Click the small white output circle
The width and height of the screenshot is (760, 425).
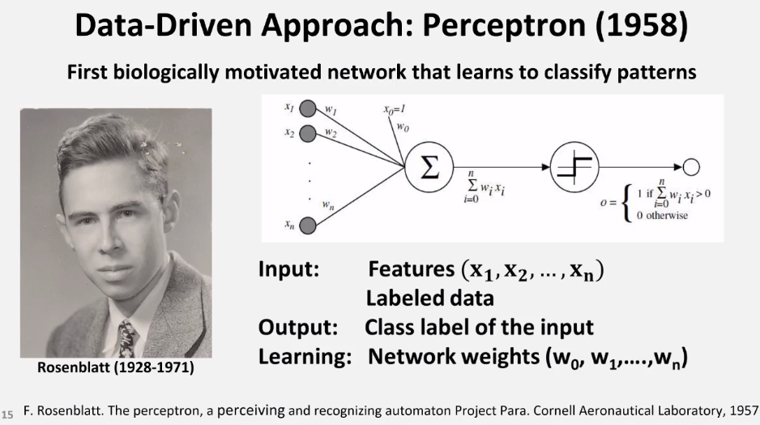point(690,167)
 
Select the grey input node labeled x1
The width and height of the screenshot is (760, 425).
point(307,109)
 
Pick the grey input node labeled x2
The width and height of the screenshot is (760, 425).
point(307,132)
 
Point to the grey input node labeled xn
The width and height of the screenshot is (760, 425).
point(307,225)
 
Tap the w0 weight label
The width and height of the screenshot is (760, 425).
point(403,127)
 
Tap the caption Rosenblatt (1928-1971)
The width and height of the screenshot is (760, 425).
point(116,368)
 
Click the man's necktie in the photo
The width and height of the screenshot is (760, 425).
point(127,337)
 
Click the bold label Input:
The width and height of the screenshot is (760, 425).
point(288,270)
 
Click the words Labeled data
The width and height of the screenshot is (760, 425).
point(429,298)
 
